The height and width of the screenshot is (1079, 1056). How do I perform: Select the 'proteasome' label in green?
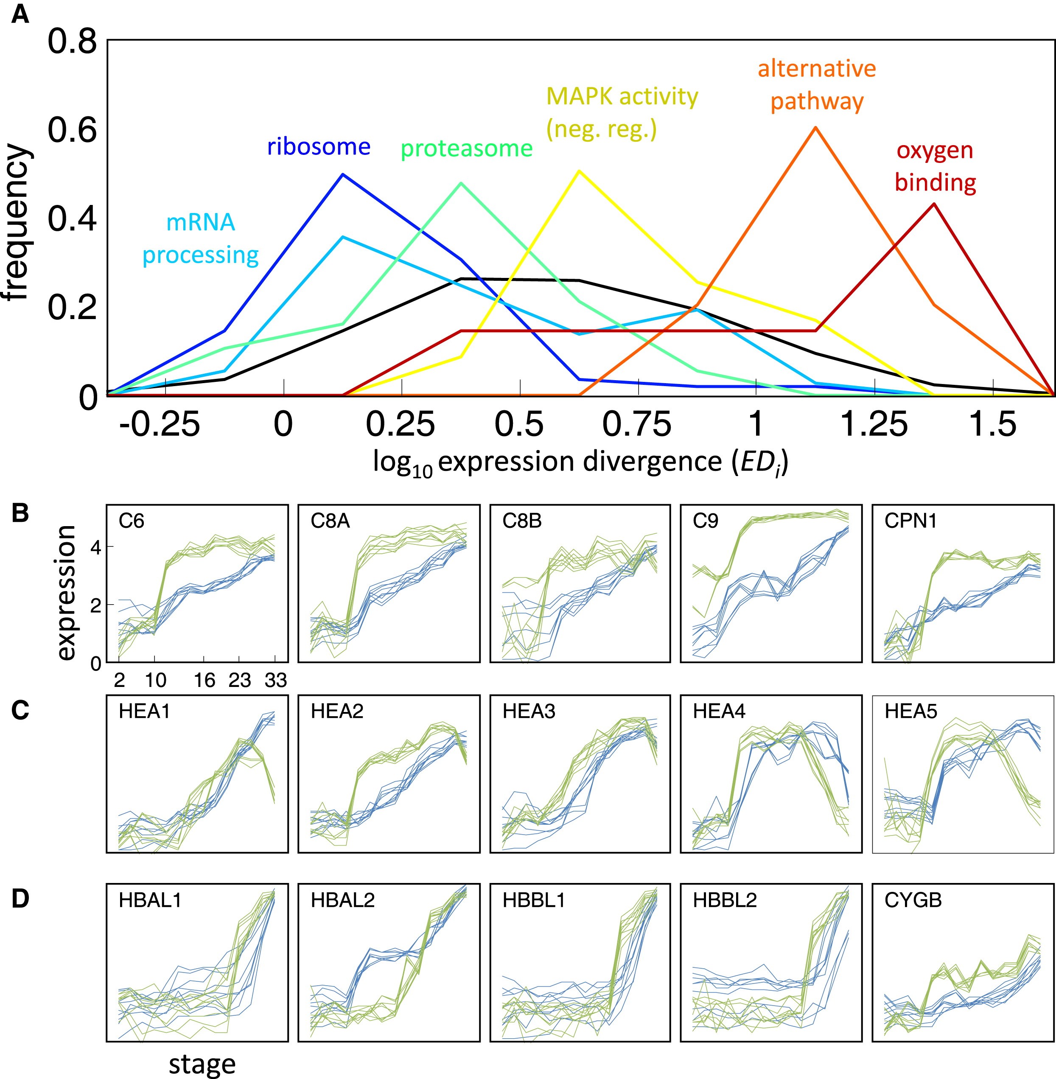point(466,149)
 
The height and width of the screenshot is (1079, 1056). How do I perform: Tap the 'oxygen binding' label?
point(935,166)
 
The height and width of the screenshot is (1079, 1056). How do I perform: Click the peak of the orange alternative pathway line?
point(815,128)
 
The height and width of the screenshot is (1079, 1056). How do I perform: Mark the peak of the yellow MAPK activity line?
point(579,171)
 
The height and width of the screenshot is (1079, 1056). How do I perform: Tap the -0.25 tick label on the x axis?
point(159,425)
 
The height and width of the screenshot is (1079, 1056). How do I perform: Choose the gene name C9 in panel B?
point(705,521)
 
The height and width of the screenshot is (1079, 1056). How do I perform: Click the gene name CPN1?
point(910,521)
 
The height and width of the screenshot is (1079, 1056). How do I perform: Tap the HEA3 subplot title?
point(529,711)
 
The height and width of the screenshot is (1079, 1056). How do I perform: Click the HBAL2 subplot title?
point(342,900)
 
